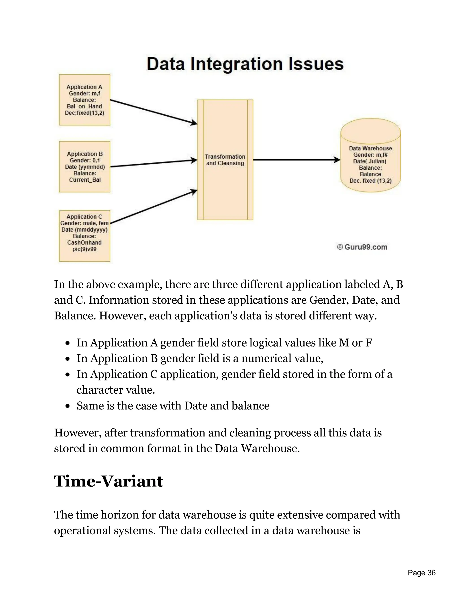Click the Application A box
tap(84, 100)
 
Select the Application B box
tap(84, 167)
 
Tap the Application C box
tap(84, 236)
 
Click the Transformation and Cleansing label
tap(225, 160)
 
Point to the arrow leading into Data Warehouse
tap(296, 160)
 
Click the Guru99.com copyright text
tap(362, 247)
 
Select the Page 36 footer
tap(422, 573)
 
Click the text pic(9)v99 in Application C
tap(84, 249)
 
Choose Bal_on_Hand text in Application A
tap(84, 106)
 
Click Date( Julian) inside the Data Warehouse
tap(370, 161)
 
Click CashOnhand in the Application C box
tap(84, 243)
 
